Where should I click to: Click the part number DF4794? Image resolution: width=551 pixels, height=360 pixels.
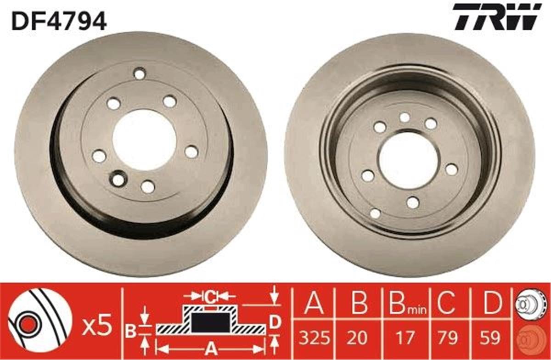(59, 21)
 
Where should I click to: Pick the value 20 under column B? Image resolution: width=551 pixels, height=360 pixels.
(358, 338)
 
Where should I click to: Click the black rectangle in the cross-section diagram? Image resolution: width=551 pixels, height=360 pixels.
(210, 322)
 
